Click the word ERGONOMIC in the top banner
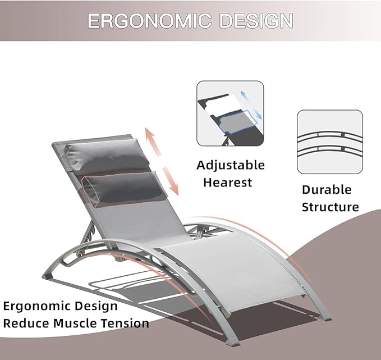tap(150, 21)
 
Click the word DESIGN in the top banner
tap(256, 21)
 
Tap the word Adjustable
tap(231, 166)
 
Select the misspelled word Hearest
tap(227, 183)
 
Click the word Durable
tap(327, 190)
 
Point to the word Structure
tap(330, 207)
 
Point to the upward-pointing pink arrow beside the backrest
tap(153, 142)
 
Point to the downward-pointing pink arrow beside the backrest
tap(171, 181)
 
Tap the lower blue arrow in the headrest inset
tap(258, 113)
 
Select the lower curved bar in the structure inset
tap(330, 150)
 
